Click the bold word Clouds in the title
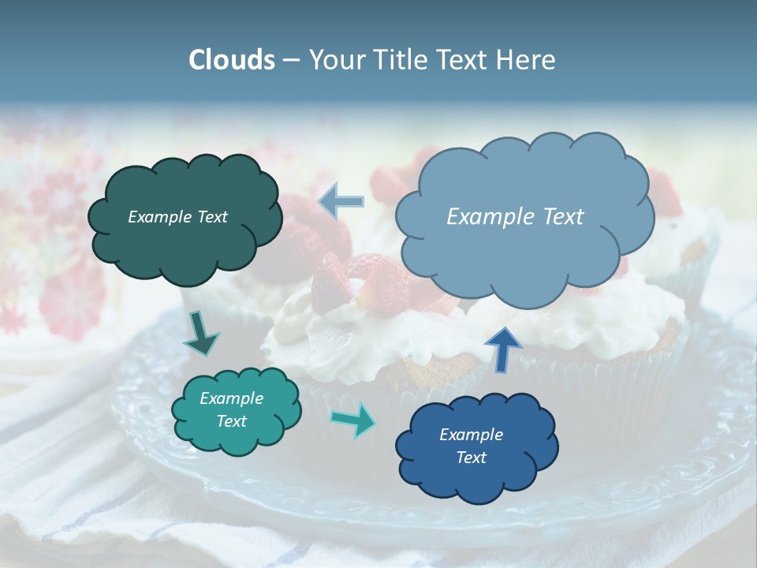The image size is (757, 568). (231, 60)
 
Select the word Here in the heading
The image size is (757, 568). (528, 60)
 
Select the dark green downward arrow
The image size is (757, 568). (201, 334)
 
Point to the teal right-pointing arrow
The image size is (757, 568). (354, 419)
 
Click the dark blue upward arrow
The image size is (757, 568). (502, 348)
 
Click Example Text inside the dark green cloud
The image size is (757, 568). (177, 217)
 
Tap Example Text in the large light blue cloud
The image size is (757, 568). (515, 217)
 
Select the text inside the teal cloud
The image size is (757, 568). (231, 410)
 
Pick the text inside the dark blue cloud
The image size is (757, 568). (471, 446)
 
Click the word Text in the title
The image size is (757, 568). (463, 60)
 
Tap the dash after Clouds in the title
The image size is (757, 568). (290, 60)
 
